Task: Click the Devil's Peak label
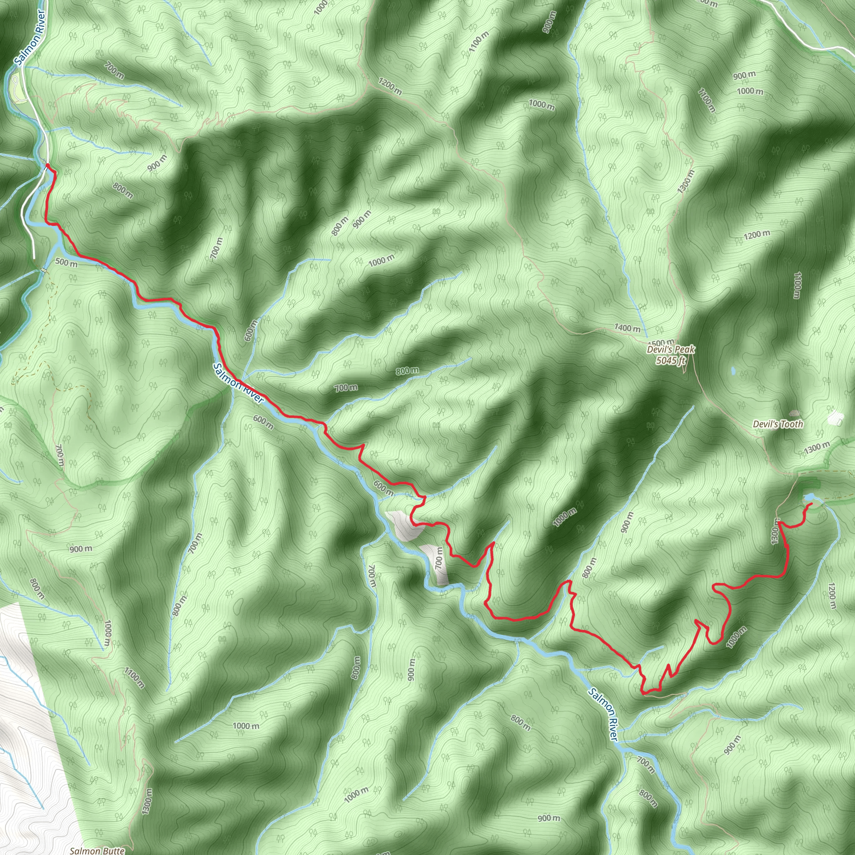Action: point(670,349)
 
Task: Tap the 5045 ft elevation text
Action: point(670,360)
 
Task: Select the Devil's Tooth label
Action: point(777,425)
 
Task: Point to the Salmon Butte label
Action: point(97,850)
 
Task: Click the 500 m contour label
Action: point(66,263)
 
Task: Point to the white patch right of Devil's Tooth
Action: point(834,417)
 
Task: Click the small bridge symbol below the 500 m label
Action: point(44,270)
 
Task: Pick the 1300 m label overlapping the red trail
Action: point(775,532)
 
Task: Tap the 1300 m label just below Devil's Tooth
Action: point(817,448)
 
